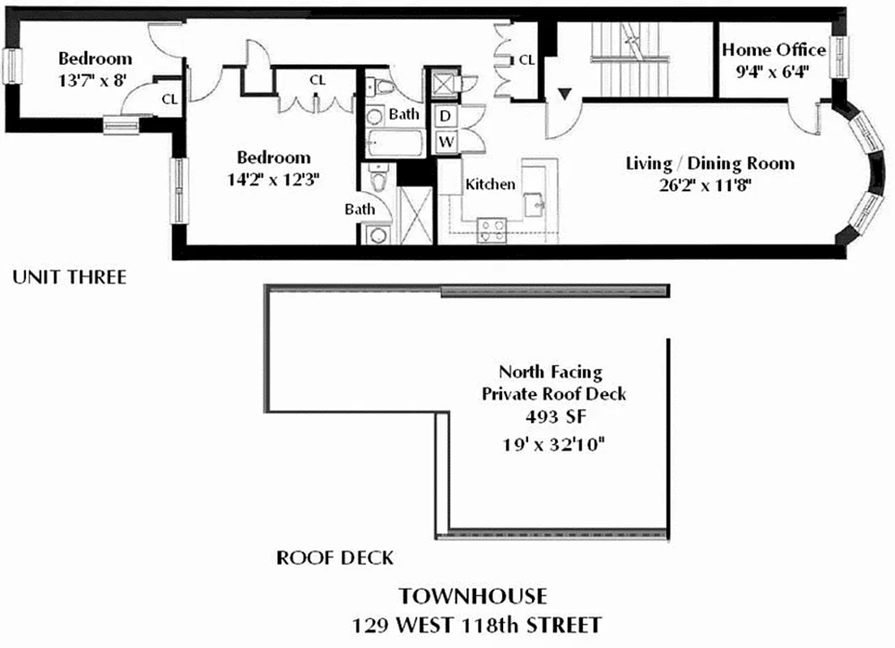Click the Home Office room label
tap(774, 50)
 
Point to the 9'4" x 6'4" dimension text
tap(774, 70)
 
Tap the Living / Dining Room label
tap(710, 164)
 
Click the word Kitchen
tap(490, 184)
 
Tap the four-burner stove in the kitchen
tap(492, 230)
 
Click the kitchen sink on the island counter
tap(535, 204)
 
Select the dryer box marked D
tap(445, 116)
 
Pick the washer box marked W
tap(445, 143)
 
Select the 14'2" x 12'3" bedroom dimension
tap(274, 179)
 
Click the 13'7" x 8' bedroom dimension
tap(95, 79)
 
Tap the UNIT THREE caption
tap(70, 278)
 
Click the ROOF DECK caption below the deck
tap(335, 558)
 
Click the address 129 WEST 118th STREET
tap(476, 625)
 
